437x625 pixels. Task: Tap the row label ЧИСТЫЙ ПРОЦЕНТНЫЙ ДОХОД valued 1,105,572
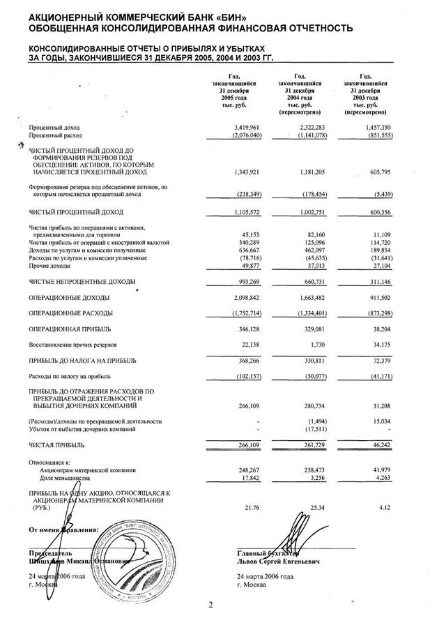click(76, 211)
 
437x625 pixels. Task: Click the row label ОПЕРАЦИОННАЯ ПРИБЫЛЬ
click(70, 329)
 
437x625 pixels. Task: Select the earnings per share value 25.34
click(316, 508)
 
